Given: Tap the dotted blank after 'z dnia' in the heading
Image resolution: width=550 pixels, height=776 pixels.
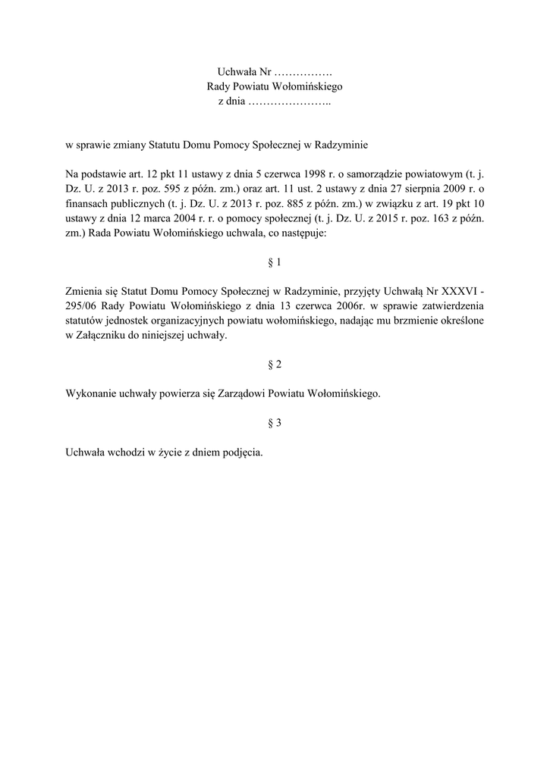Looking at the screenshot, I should pyautogui.click(x=289, y=101).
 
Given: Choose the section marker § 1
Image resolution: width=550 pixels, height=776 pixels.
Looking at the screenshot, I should pyautogui.click(x=275, y=262).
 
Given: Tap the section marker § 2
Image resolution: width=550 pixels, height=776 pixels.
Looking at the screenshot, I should pyautogui.click(x=275, y=364).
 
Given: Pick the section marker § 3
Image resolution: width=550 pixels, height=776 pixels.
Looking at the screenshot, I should pyautogui.click(x=275, y=423).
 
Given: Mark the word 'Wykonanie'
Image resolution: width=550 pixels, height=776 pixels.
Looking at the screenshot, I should pyautogui.click(x=89, y=394).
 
